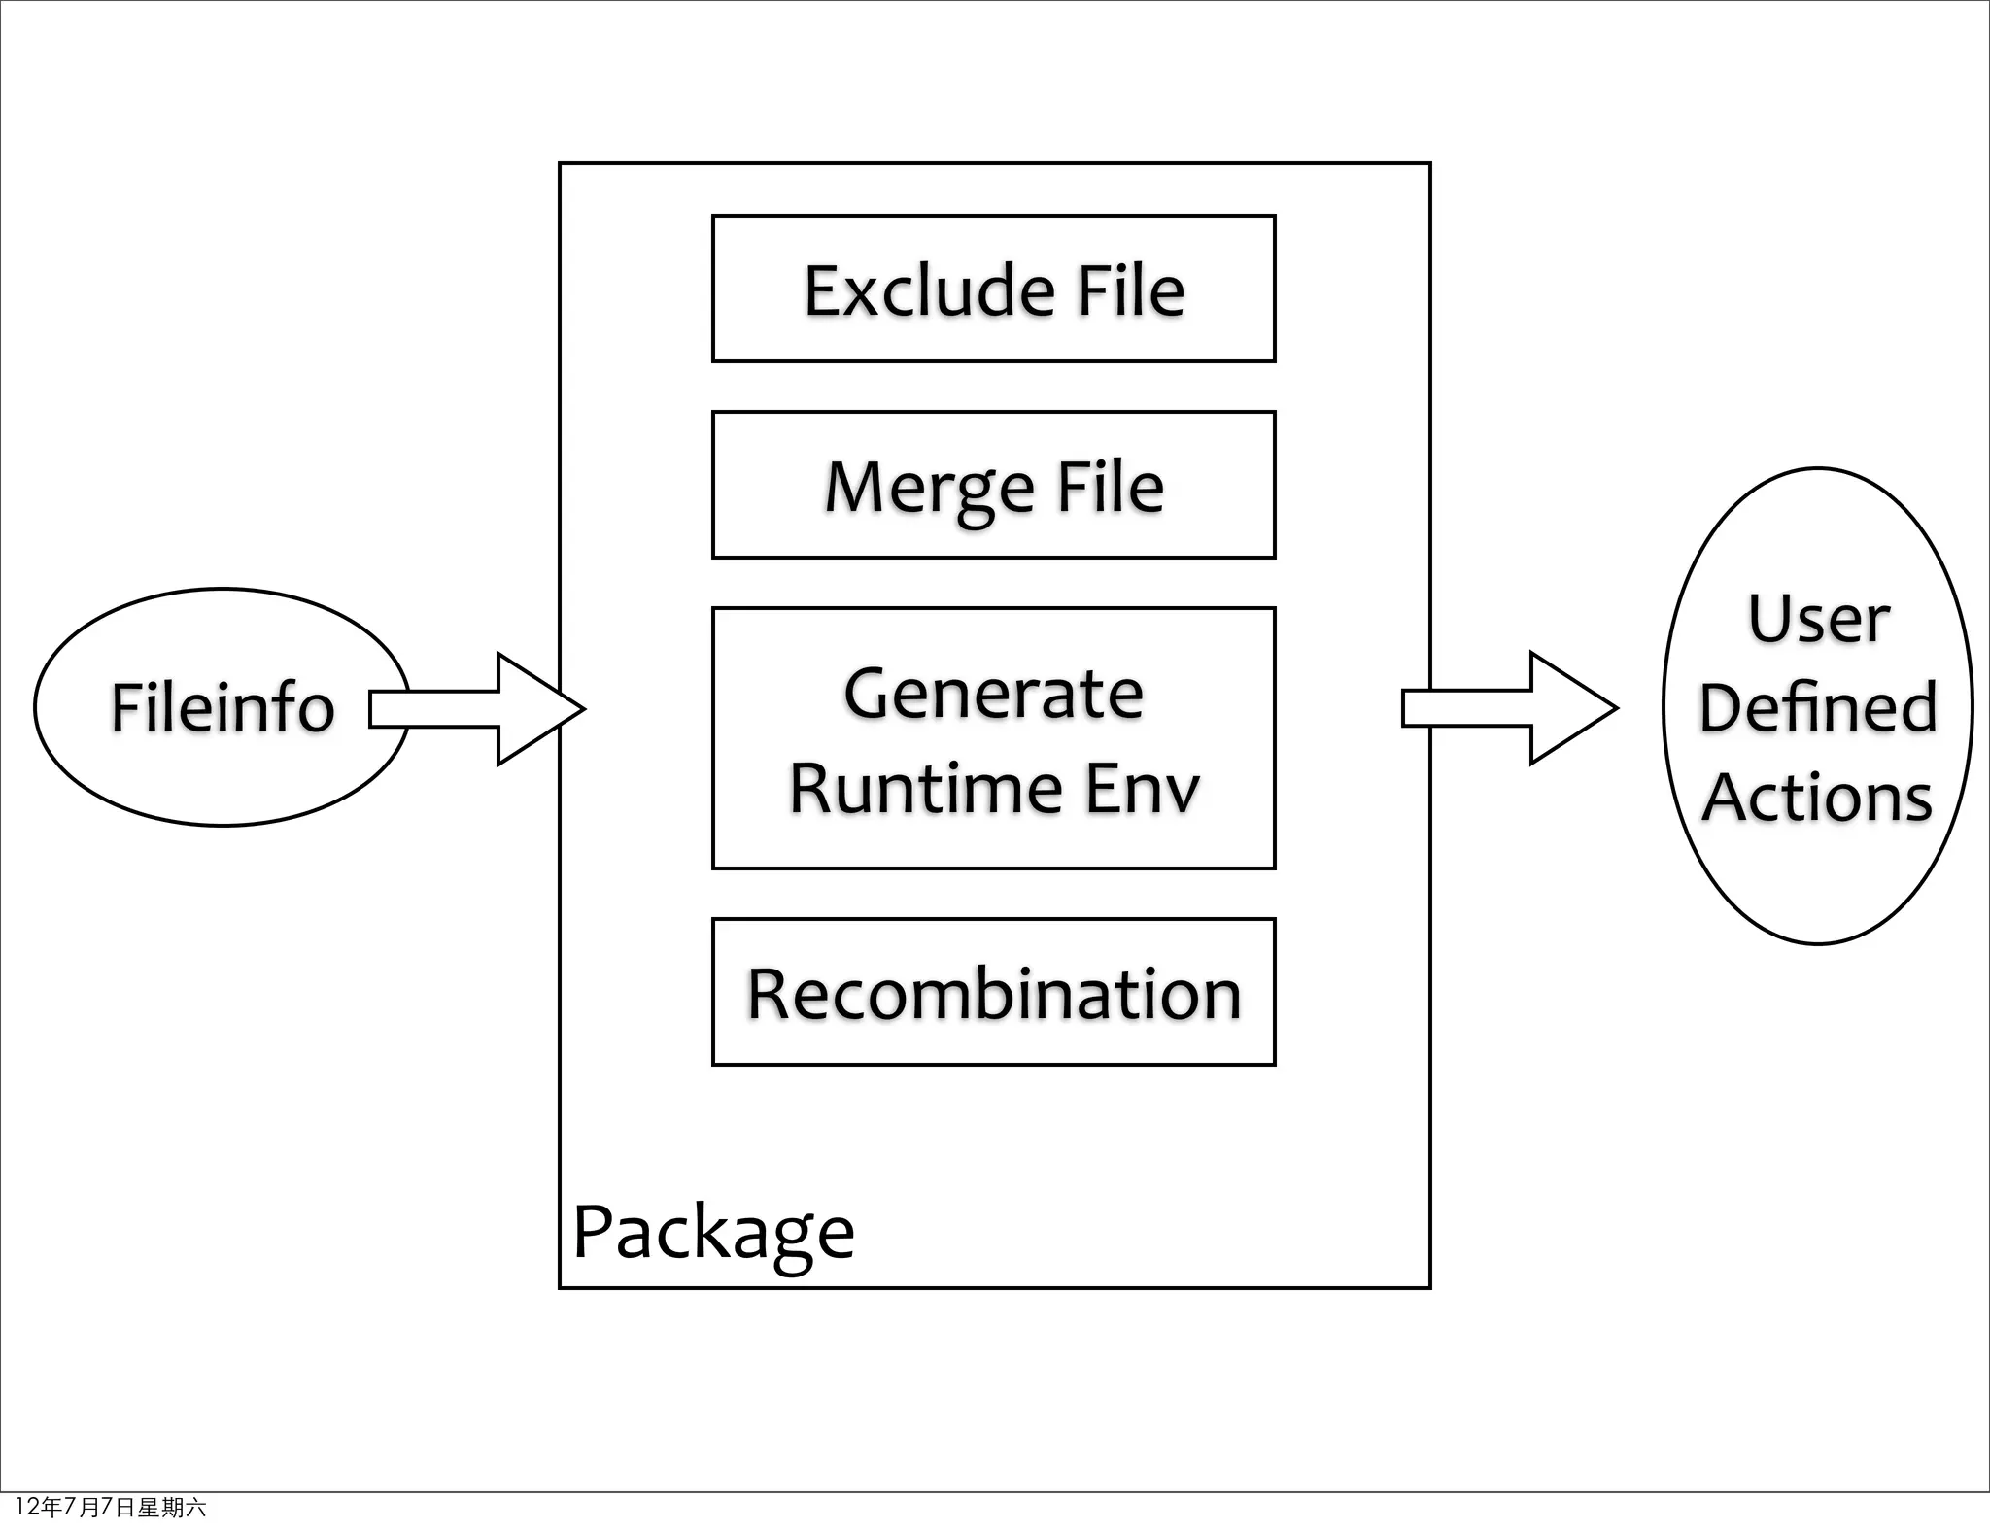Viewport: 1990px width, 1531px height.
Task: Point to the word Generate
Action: pos(993,694)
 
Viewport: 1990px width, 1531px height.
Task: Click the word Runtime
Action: pos(924,788)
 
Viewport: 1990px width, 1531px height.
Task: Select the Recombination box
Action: pos(993,993)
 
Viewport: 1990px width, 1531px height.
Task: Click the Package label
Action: pos(713,1232)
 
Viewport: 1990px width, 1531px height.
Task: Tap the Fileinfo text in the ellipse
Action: pos(223,707)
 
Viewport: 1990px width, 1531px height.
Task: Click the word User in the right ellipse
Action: pos(1818,619)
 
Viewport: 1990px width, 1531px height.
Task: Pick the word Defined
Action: pos(1818,707)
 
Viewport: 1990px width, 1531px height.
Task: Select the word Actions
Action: pos(1818,798)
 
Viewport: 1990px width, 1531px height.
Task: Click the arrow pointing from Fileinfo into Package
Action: pos(466,709)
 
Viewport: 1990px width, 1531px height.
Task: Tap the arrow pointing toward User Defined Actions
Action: pos(1501,709)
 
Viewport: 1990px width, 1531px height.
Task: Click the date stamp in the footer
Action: pos(110,1507)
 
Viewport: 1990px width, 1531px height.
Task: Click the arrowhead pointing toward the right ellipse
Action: pos(1574,709)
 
